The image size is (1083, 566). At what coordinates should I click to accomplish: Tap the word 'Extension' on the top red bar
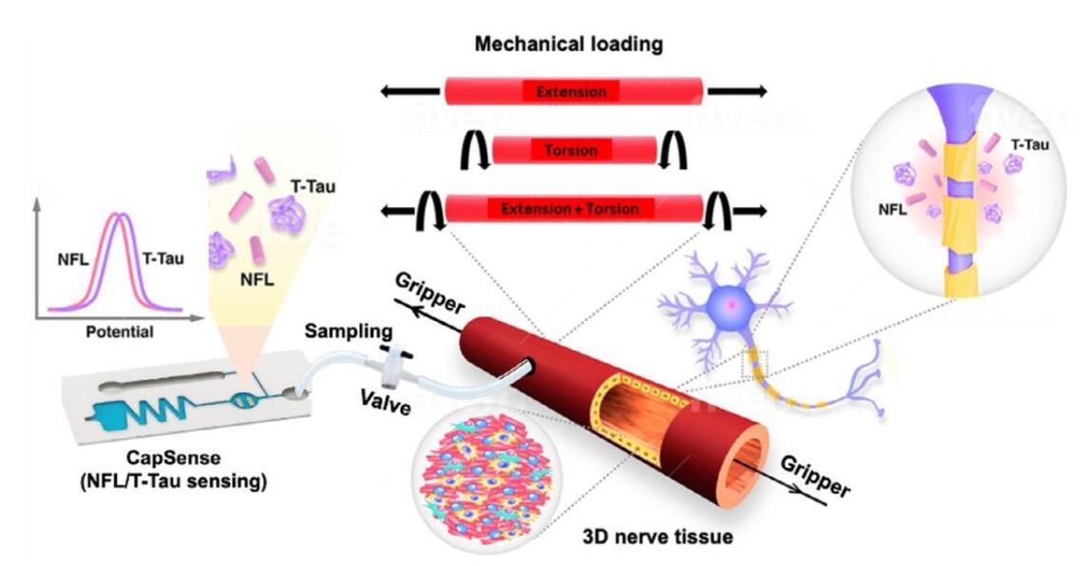[571, 92]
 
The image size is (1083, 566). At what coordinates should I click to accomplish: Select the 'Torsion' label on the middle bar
[571, 150]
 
